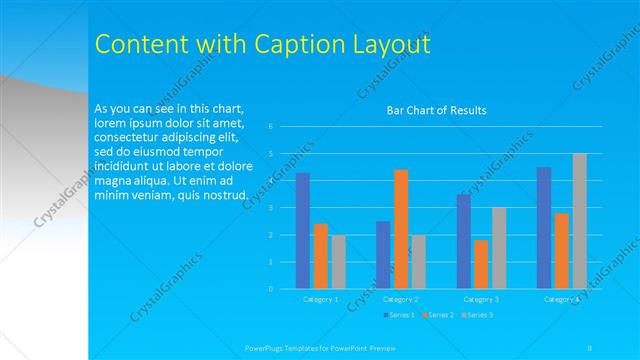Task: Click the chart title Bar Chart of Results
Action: click(x=436, y=110)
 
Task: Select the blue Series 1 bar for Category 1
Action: click(x=303, y=230)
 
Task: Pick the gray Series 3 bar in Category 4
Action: click(x=580, y=221)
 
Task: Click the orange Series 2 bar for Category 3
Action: click(x=481, y=264)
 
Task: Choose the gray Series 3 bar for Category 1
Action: click(x=339, y=262)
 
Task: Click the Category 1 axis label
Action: click(x=320, y=299)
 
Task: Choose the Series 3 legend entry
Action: click(x=476, y=315)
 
